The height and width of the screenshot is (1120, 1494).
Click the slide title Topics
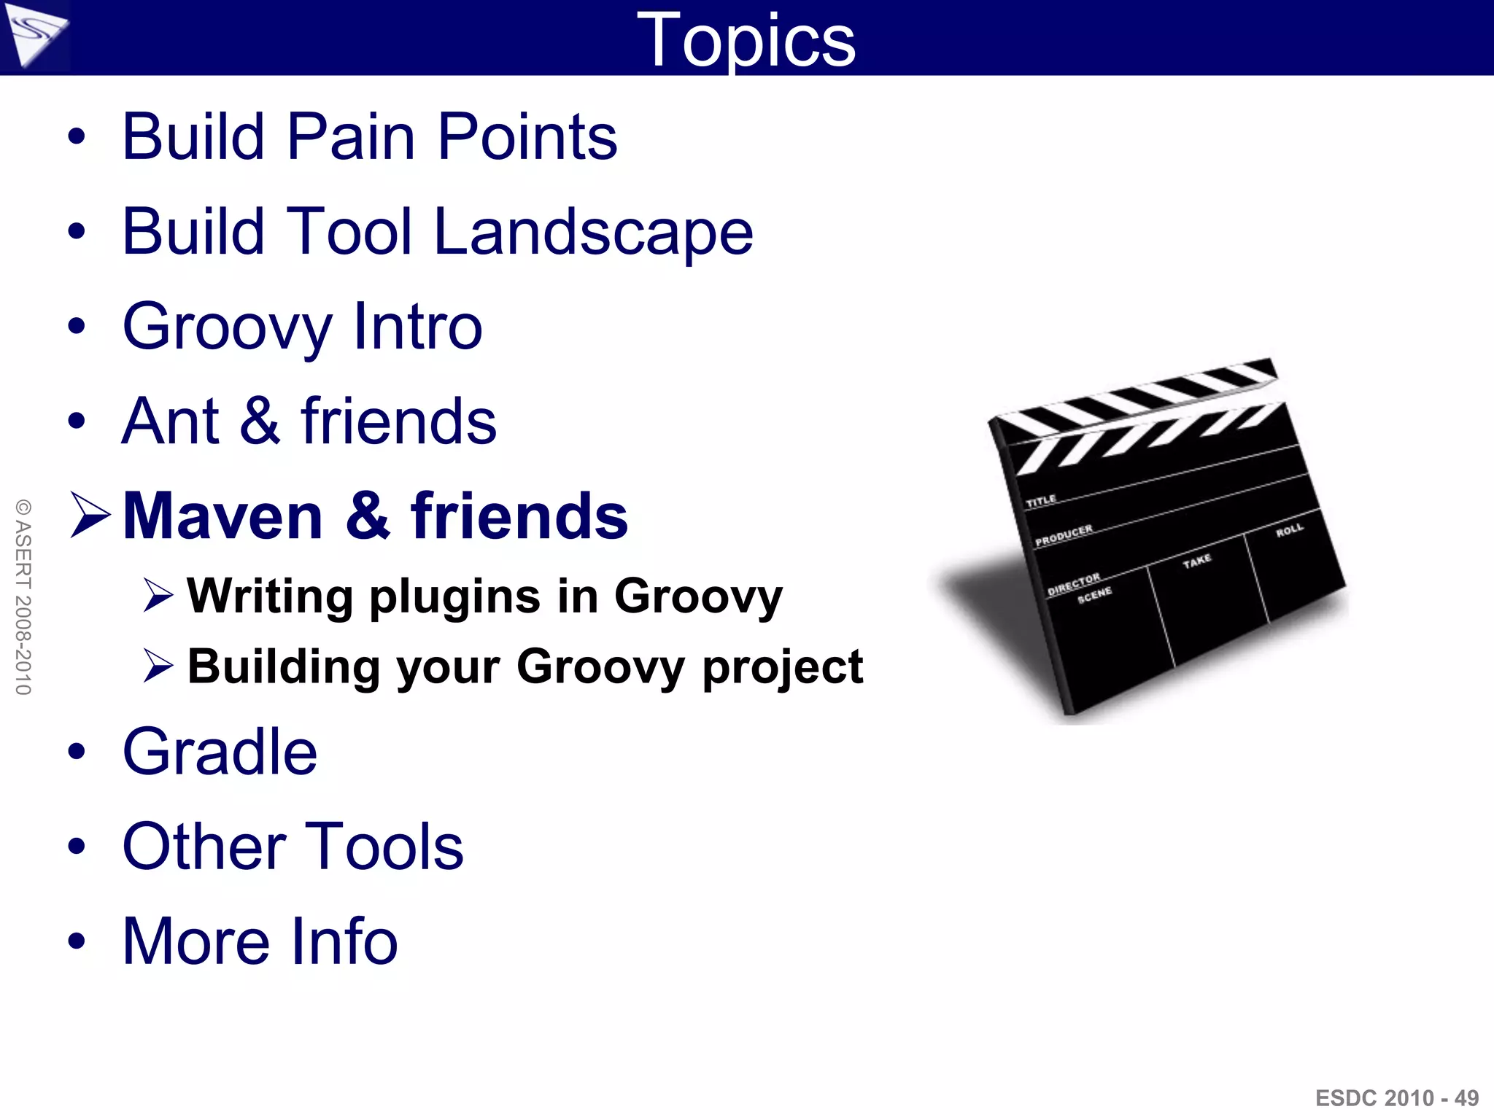coord(746,40)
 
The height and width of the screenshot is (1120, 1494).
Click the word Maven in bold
coord(223,516)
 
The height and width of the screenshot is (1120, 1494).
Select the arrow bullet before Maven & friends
coord(90,515)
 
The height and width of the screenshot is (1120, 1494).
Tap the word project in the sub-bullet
coord(782,666)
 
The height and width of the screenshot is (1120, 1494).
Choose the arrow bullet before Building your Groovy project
coord(158,665)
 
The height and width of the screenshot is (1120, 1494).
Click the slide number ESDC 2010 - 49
coord(1396,1097)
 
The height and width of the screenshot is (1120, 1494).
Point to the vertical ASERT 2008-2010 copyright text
coord(23,596)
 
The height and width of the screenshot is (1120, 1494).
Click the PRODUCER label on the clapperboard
coord(1064,534)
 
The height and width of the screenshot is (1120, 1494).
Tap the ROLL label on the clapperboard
coord(1289,530)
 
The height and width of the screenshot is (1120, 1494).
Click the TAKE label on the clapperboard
coord(1197,561)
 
